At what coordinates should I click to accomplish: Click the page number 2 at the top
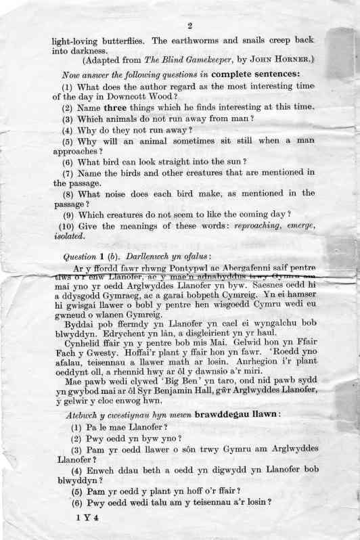tap(190, 26)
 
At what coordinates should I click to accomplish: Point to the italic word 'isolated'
tap(70, 237)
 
